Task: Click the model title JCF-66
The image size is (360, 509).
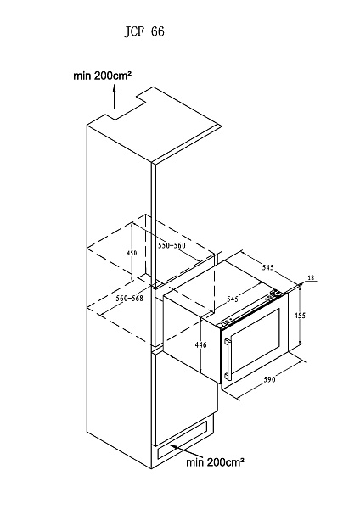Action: click(144, 31)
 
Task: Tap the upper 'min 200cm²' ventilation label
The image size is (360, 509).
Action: click(103, 76)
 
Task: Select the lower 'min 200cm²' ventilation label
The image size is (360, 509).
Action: click(215, 462)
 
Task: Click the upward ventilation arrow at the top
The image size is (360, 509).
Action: click(114, 97)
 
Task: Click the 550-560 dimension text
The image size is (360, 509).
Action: click(172, 245)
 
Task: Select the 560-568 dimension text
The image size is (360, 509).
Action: click(130, 298)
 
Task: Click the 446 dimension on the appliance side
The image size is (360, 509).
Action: click(201, 344)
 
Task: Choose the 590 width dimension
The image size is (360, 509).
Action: click(269, 379)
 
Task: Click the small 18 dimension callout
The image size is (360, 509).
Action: click(311, 277)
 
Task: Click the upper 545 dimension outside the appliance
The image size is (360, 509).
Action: click(268, 267)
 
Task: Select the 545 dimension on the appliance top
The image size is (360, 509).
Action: click(233, 299)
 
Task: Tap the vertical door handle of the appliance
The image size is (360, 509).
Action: click(228, 360)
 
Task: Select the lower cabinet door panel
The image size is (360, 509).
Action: click(185, 396)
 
